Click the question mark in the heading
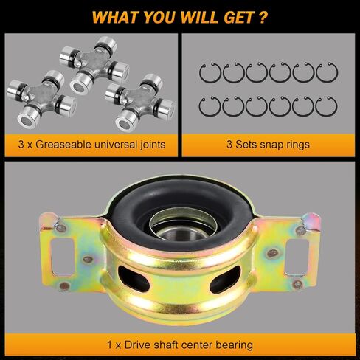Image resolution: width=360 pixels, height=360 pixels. point(263,16)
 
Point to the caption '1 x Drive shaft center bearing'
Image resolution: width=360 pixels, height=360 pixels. point(180,344)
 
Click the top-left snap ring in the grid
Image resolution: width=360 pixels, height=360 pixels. point(210,72)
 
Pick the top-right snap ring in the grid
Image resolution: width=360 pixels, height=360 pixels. point(326,72)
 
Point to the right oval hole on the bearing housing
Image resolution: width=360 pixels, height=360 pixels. point(224,281)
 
